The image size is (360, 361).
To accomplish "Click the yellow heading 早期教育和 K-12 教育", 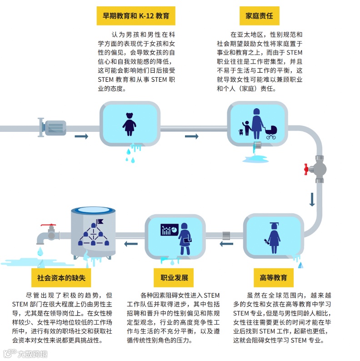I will [x=136, y=16].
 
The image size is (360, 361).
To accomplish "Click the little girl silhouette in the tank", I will [x=130, y=121].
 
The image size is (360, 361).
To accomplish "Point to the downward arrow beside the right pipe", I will [x=312, y=200].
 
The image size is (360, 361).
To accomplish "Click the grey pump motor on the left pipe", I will [x=54, y=125].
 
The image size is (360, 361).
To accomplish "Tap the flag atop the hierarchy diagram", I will [x=100, y=221].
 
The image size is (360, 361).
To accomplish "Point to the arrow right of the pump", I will [x=81, y=136].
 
